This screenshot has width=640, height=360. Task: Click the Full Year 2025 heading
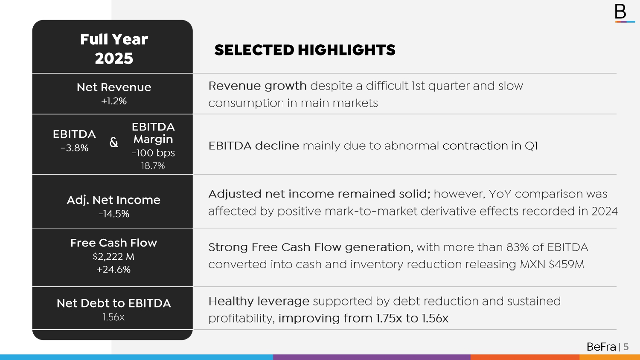coord(114,49)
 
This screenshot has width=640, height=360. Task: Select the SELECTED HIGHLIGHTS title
coord(305,50)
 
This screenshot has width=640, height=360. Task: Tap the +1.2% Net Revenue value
coord(114,101)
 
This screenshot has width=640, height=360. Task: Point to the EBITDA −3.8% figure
coord(74,148)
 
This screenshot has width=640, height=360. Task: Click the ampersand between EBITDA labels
coord(114,142)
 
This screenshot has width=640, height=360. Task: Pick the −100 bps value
coord(153,153)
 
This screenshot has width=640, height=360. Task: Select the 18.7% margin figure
coord(153,166)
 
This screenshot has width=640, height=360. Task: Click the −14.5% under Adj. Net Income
coord(114,214)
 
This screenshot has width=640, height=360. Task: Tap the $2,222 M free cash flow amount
coord(113,257)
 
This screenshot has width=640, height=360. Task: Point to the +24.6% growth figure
coord(113,270)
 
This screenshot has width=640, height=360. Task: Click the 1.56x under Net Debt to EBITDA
coord(113,317)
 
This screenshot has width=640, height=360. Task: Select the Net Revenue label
coord(114,87)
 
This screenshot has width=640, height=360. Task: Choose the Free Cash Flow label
coord(113,243)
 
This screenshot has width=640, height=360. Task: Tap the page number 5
coord(626,347)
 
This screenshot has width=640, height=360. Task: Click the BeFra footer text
coord(601,347)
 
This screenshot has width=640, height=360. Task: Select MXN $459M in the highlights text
coord(552,264)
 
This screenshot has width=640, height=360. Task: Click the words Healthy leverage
coord(259,301)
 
